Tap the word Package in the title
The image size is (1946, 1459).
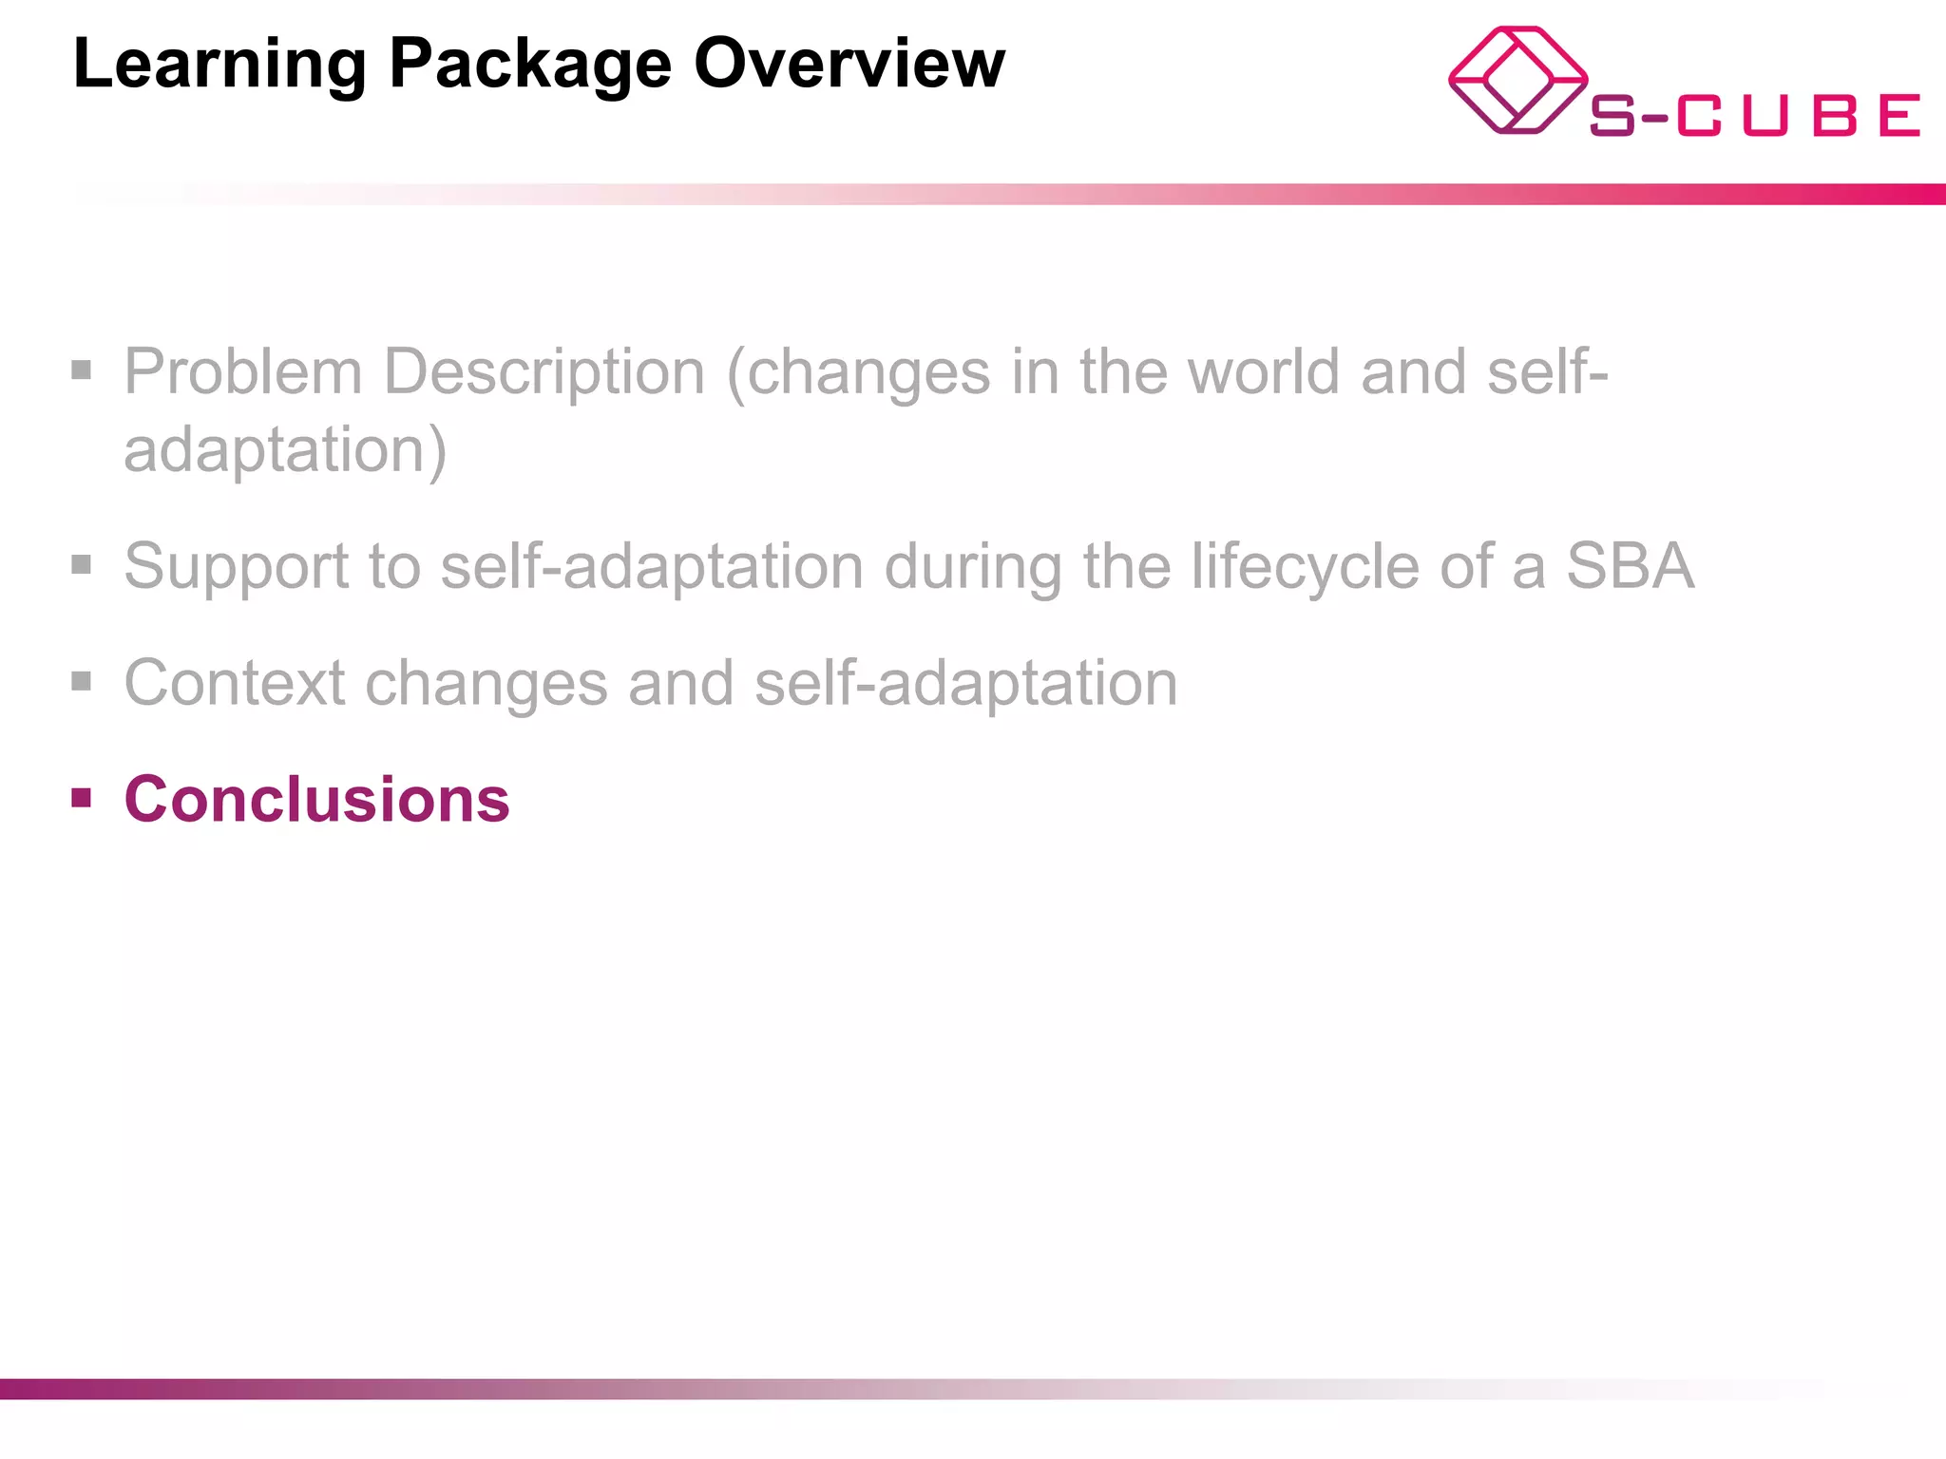530,65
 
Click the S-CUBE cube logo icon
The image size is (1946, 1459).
1517,81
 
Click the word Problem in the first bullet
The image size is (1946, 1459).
242,371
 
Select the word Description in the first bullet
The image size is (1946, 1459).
544,371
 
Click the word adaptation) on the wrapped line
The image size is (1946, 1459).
285,449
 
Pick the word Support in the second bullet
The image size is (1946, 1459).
237,566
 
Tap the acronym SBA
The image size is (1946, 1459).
1630,566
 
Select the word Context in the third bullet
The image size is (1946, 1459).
235,683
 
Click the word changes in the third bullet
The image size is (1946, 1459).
486,683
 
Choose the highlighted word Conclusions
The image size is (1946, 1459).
316,800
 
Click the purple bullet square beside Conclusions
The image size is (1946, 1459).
82,797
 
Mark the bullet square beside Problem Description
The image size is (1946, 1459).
82,369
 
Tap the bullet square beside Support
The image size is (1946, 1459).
82,565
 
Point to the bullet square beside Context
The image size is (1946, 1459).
82,681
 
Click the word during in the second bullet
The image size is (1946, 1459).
973,566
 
